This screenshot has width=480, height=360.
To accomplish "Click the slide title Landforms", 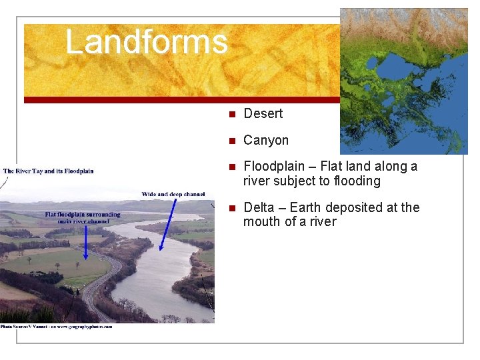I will [x=146, y=41].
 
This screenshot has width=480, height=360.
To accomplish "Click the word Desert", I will [x=263, y=114].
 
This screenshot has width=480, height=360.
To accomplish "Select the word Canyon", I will [x=266, y=141].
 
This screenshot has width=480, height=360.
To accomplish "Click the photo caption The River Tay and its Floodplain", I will [x=49, y=171].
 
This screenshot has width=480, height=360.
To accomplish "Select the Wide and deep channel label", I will [x=173, y=194].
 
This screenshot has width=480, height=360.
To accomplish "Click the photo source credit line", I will [x=57, y=327].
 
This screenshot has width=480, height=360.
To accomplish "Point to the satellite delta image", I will [x=404, y=81].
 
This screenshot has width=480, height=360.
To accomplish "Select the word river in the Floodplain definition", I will [x=257, y=181].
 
